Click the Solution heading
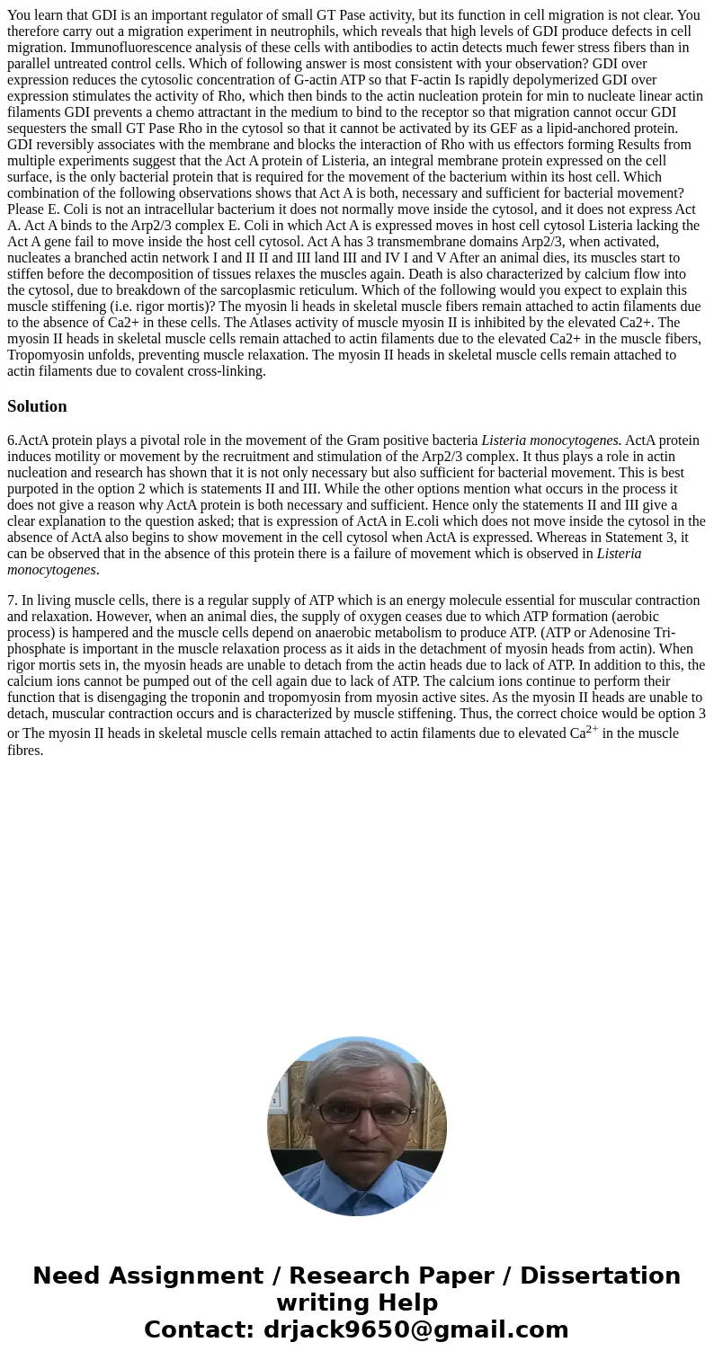click(37, 406)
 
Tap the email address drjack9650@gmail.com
click(415, 1329)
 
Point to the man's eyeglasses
click(356, 1112)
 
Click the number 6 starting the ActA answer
click(11, 440)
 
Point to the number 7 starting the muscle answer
click(11, 600)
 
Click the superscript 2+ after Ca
click(592, 729)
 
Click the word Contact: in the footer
click(200, 1329)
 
